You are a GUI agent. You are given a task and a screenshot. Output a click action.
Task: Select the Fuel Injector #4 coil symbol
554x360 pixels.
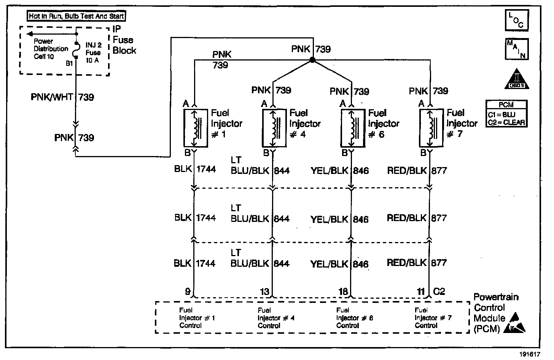[x=273, y=128]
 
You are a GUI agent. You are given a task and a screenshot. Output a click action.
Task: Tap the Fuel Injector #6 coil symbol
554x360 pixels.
[x=352, y=128]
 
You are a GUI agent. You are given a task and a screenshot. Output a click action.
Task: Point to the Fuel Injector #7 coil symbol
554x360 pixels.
[x=430, y=128]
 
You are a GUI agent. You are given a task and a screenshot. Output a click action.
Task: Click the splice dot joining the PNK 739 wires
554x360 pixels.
[x=312, y=60]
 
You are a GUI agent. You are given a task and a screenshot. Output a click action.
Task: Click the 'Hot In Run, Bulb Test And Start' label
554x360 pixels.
[x=76, y=16]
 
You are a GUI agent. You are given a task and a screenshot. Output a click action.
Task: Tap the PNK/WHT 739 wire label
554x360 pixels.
[x=62, y=97]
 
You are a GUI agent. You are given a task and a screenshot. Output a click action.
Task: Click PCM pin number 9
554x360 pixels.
[x=188, y=292]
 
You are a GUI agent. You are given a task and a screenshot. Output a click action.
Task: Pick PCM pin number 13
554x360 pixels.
[x=265, y=292]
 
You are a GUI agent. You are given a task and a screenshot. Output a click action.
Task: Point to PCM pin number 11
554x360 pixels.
[x=421, y=292]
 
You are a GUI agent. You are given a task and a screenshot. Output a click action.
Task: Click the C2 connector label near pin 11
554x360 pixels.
[x=439, y=292]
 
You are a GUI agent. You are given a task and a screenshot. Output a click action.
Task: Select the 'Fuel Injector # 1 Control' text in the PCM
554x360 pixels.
[x=197, y=318]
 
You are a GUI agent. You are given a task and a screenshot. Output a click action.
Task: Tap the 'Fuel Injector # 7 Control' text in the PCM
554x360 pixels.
[x=433, y=318]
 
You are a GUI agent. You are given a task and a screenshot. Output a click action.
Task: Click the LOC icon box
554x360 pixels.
[x=516, y=21]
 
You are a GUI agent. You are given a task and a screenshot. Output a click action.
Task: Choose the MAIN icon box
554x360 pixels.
[x=516, y=49]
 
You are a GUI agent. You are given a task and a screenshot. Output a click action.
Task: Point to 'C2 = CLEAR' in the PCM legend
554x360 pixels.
[x=506, y=122]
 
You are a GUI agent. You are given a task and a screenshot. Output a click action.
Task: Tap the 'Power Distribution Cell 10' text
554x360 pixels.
[x=51, y=49]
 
